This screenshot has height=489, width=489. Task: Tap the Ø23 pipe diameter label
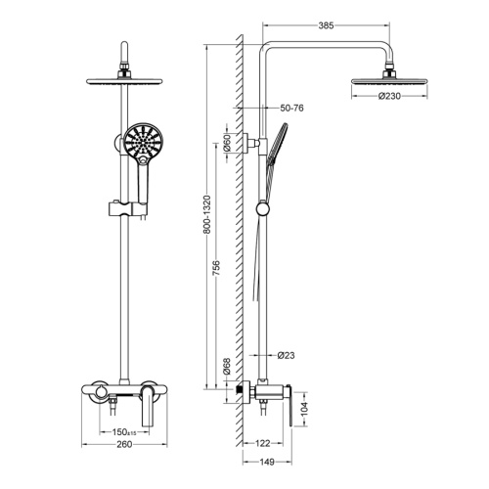click(x=287, y=355)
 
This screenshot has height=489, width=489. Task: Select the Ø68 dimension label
click(x=226, y=367)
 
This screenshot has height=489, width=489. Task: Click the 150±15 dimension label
click(x=123, y=431)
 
